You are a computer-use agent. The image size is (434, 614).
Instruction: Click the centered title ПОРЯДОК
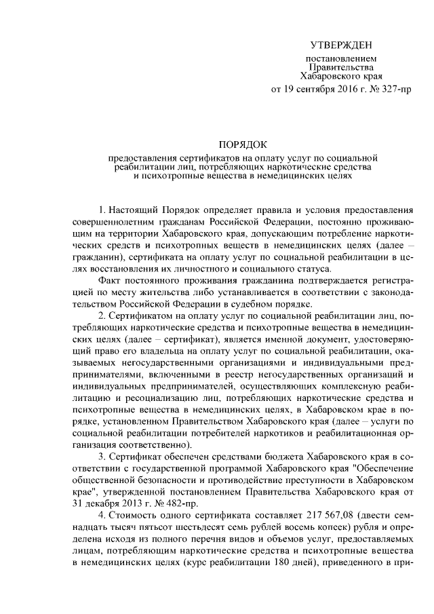click(243, 145)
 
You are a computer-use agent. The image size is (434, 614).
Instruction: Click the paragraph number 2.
click(101, 317)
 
